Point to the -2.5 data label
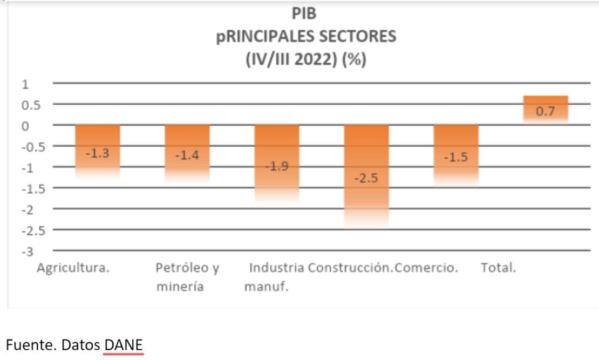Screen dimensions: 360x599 [x=366, y=178]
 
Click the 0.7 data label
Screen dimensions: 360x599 [x=546, y=112]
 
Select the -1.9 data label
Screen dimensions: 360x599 [x=277, y=166]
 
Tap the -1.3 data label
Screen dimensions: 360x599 [x=97, y=153]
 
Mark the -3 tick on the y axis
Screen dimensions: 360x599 [x=27, y=252]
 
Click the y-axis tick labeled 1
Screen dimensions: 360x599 [x=25, y=84]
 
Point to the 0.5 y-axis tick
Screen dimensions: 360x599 [x=31, y=105]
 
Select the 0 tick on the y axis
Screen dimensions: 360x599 [x=25, y=126]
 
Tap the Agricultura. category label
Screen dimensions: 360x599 [x=73, y=268]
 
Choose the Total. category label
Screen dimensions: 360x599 [x=499, y=268]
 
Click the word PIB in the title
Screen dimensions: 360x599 [x=305, y=13]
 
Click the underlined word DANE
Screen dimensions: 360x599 [x=124, y=344]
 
